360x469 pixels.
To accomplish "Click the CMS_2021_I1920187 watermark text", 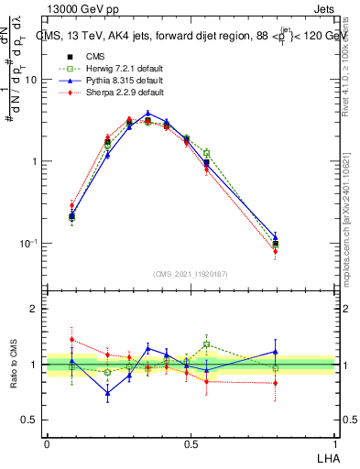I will [x=191, y=273].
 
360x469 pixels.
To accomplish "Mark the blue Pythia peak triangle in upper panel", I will [x=147, y=114].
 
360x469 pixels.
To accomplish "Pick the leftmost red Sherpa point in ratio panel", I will [x=71, y=339].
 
